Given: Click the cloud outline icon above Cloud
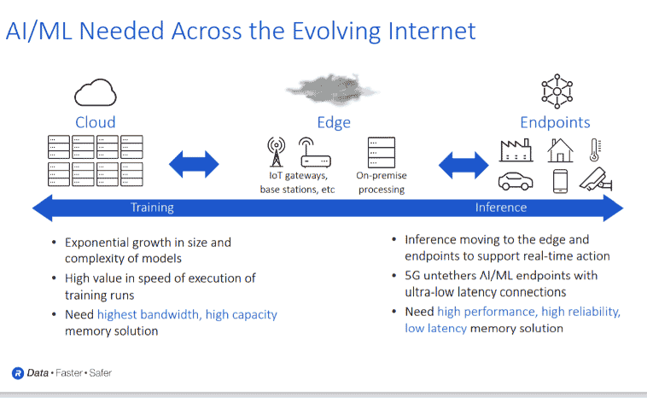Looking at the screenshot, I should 95,91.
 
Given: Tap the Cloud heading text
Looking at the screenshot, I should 95,122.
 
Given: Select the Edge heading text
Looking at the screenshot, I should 334,122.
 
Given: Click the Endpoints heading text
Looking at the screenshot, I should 555,122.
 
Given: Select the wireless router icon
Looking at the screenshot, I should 314,153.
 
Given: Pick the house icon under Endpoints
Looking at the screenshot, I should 561,151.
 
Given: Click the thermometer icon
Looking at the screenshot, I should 595,151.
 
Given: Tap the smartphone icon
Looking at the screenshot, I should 561,181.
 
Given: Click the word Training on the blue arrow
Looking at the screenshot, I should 152,208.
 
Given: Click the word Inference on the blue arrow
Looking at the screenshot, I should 501,208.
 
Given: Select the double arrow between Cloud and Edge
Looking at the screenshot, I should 195,162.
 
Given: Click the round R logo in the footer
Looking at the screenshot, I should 17,373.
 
